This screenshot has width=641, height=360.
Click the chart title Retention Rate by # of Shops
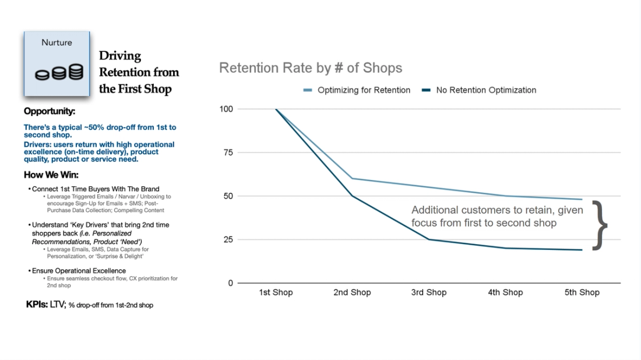pyautogui.click(x=311, y=68)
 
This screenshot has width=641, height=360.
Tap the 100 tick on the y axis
pyautogui.click(x=226, y=109)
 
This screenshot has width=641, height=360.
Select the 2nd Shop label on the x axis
pyautogui.click(x=352, y=292)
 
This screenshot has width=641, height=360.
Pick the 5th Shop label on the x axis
pyautogui.click(x=582, y=292)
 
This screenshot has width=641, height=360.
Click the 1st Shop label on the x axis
pyautogui.click(x=276, y=292)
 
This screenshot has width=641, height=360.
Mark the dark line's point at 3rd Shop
pyautogui.click(x=429, y=239)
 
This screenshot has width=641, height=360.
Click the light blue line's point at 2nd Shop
pyautogui.click(x=352, y=178)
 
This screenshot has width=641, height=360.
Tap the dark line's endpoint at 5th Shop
pyautogui.click(x=582, y=250)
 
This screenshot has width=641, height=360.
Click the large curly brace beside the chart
pyautogui.click(x=600, y=225)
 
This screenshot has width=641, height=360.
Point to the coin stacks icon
pyautogui.click(x=58, y=73)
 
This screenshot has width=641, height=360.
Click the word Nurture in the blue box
pyautogui.click(x=57, y=43)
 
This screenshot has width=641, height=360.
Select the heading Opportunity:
pyautogui.click(x=50, y=111)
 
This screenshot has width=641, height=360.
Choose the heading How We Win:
pyautogui.click(x=51, y=175)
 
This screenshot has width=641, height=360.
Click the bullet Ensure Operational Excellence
pyautogui.click(x=79, y=271)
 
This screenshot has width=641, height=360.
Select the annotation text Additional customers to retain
pyautogui.click(x=497, y=210)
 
